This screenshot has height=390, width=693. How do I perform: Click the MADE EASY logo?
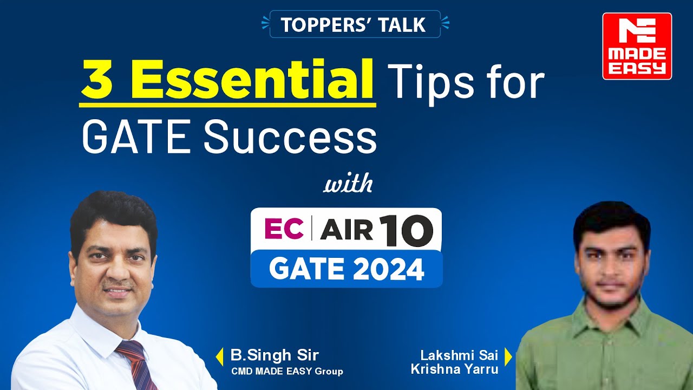point(637,46)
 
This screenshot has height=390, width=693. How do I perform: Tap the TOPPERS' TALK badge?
point(355,24)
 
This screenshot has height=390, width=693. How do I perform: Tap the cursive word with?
point(348,184)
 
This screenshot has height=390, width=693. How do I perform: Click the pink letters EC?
point(283,229)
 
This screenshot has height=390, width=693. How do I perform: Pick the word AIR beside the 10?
point(346,230)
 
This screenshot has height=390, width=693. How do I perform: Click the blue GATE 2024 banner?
point(346,269)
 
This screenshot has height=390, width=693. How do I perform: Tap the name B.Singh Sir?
point(274,355)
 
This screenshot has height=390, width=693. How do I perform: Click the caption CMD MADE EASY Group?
point(287,371)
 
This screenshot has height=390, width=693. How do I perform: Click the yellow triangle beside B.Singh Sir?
point(220,356)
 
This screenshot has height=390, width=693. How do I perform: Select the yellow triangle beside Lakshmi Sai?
point(508,356)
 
